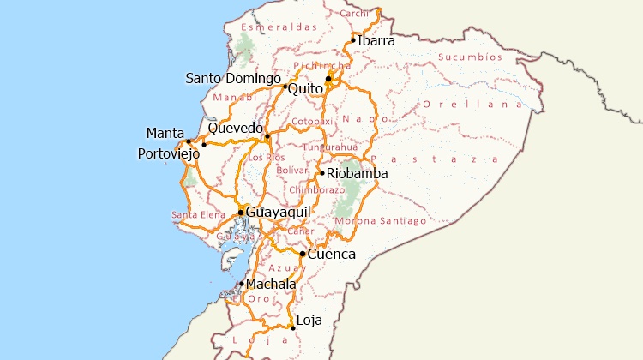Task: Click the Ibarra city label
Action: pos(376,40)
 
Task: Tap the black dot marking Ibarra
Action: pos(353,39)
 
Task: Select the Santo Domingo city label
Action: pos(233,79)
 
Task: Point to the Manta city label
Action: pos(165,133)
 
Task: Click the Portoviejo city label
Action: pos(168,153)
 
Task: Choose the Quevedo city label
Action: pos(235,128)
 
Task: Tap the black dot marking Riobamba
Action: pos(322,174)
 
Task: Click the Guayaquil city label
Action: pos(278,212)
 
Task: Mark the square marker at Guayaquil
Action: pos(241,212)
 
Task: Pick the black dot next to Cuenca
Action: pos(303,254)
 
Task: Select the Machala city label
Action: pos(271,284)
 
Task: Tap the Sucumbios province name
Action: pos(470,57)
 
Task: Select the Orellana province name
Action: pos(472,104)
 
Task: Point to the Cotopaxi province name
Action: pos(311,122)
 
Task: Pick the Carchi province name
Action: pos(354,14)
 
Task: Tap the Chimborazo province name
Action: pos(316,189)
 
